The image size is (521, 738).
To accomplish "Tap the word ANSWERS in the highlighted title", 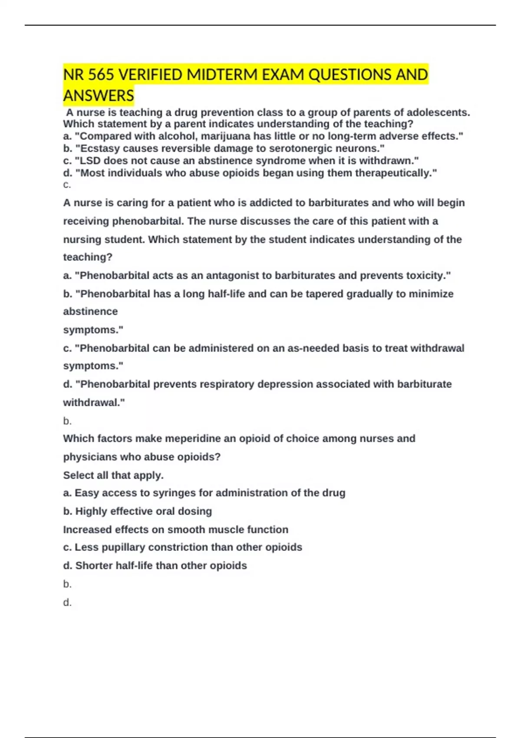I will pos(99,96).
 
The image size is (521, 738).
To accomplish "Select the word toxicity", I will pos(429,275).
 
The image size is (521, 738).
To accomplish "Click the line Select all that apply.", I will pos(113,475).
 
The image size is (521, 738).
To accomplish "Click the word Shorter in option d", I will pos(94,565).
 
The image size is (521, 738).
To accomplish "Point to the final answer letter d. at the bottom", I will pos(67,602).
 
